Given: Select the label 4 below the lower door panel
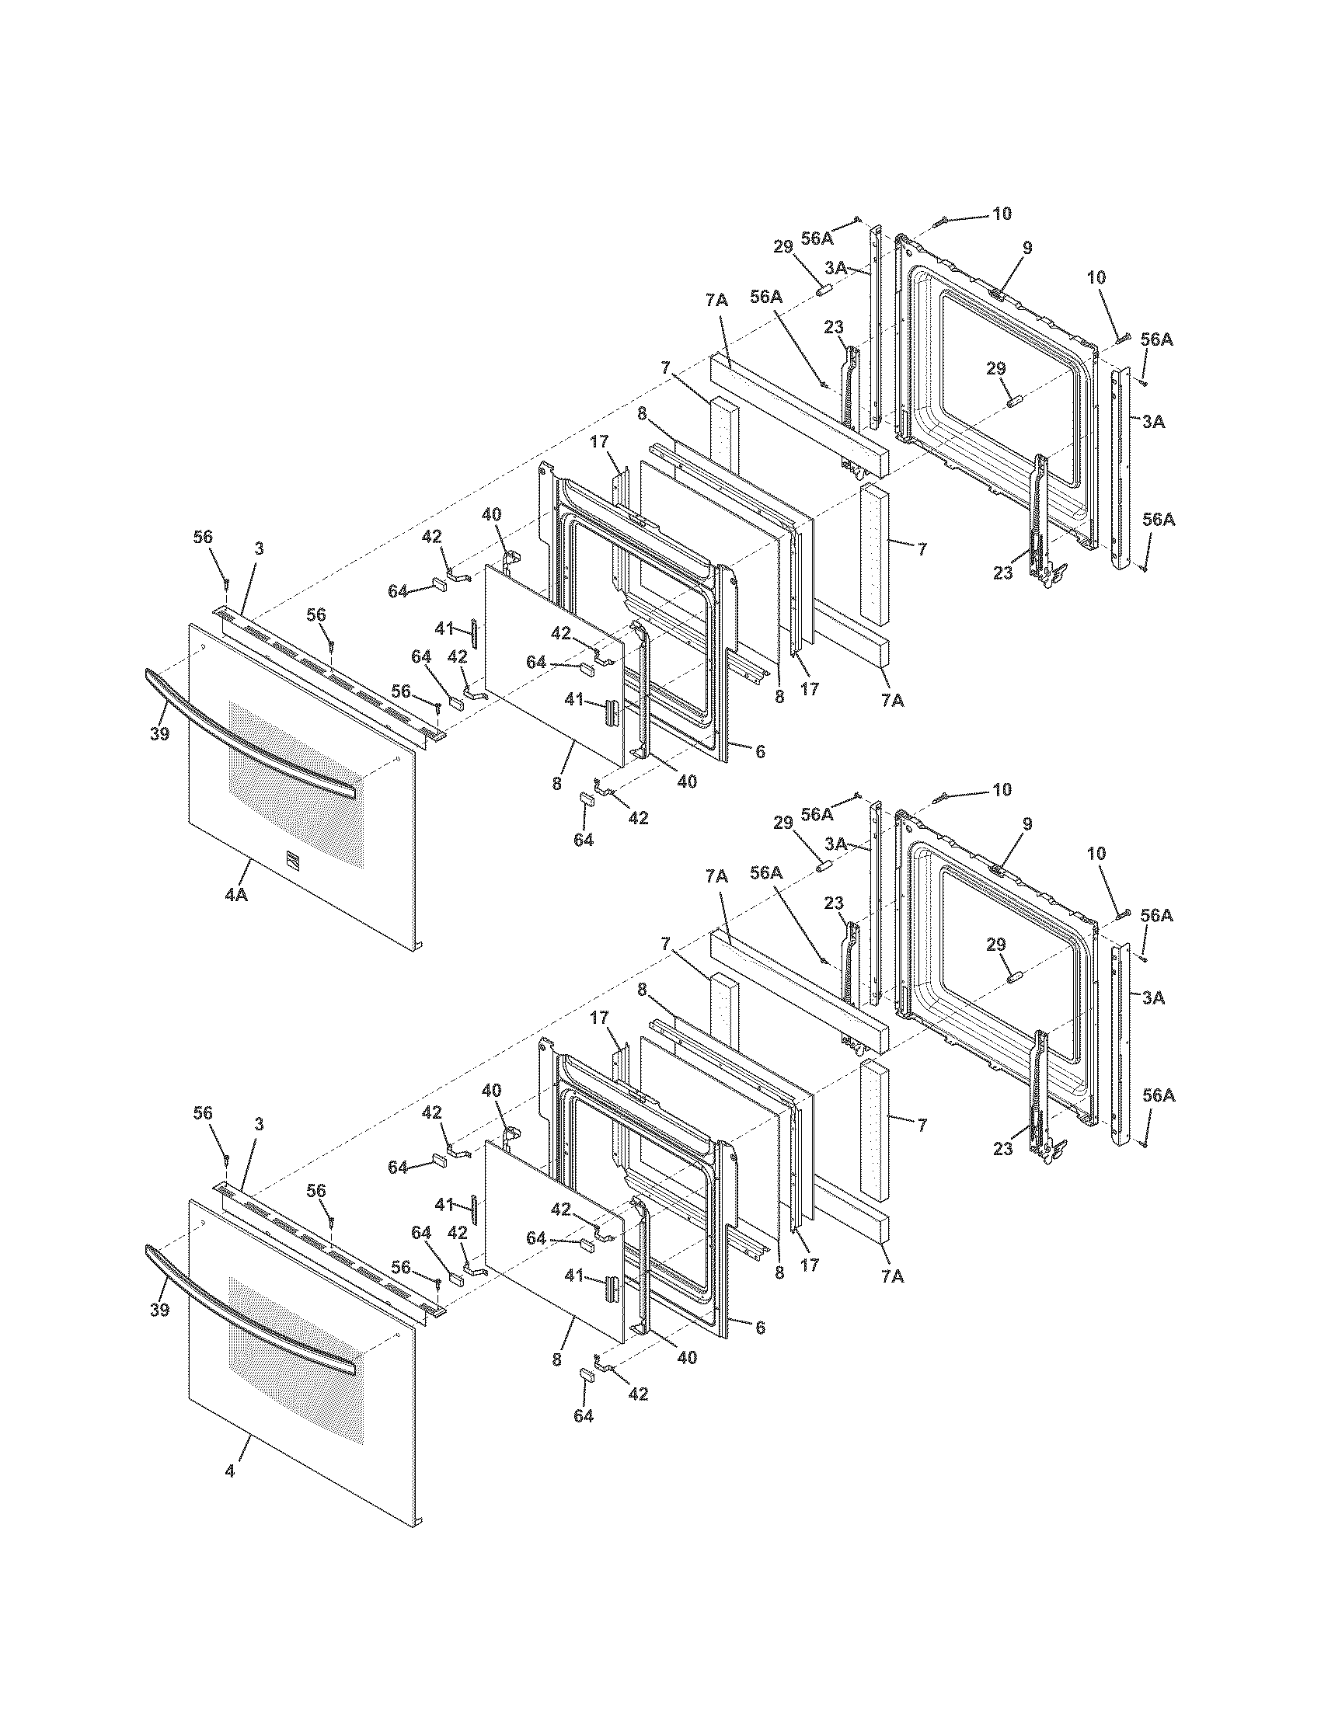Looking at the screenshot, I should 229,1472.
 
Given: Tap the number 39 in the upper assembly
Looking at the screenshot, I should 159,735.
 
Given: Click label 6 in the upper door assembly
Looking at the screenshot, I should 759,751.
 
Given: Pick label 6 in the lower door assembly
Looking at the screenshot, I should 759,1328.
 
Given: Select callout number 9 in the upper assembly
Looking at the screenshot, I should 1026,248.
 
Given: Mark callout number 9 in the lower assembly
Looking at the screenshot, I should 1026,824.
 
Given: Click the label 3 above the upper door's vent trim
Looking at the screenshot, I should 258,548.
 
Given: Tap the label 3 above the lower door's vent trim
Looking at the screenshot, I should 258,1125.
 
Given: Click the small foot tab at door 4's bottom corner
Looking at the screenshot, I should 418,1523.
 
